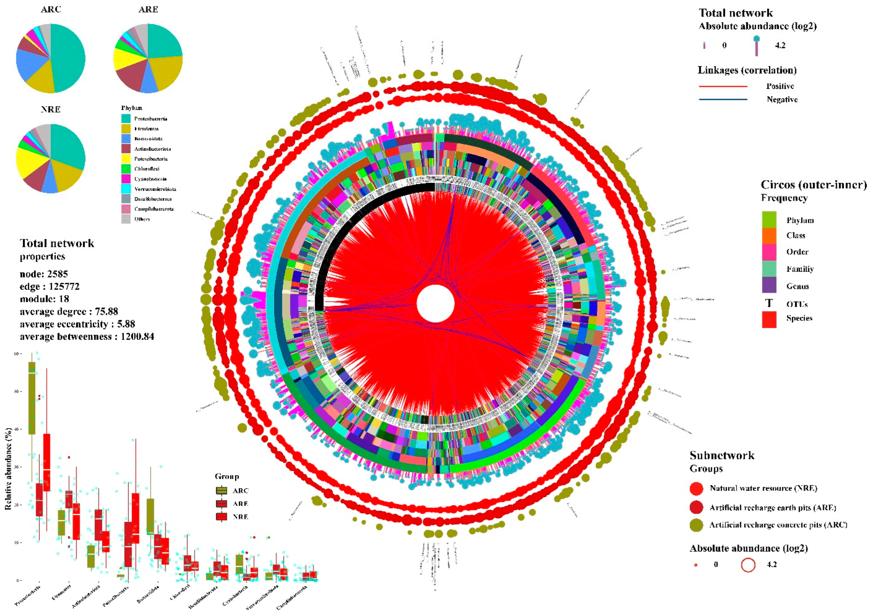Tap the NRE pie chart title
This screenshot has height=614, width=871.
click(x=50, y=109)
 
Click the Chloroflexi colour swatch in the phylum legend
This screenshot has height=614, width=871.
click(x=126, y=169)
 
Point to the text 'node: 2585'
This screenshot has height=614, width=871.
click(x=44, y=274)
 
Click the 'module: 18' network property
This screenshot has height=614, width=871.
click(x=44, y=299)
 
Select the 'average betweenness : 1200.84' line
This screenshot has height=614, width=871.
click(x=87, y=336)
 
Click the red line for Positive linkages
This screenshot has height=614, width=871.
click(x=723, y=86)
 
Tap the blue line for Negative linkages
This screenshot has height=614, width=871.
click(x=723, y=99)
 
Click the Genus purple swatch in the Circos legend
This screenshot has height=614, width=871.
click(x=769, y=285)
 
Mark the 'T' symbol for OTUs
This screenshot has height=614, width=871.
click(x=769, y=303)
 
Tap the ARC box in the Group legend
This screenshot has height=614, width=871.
click(x=221, y=490)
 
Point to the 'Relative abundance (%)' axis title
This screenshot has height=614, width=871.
click(x=8, y=469)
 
